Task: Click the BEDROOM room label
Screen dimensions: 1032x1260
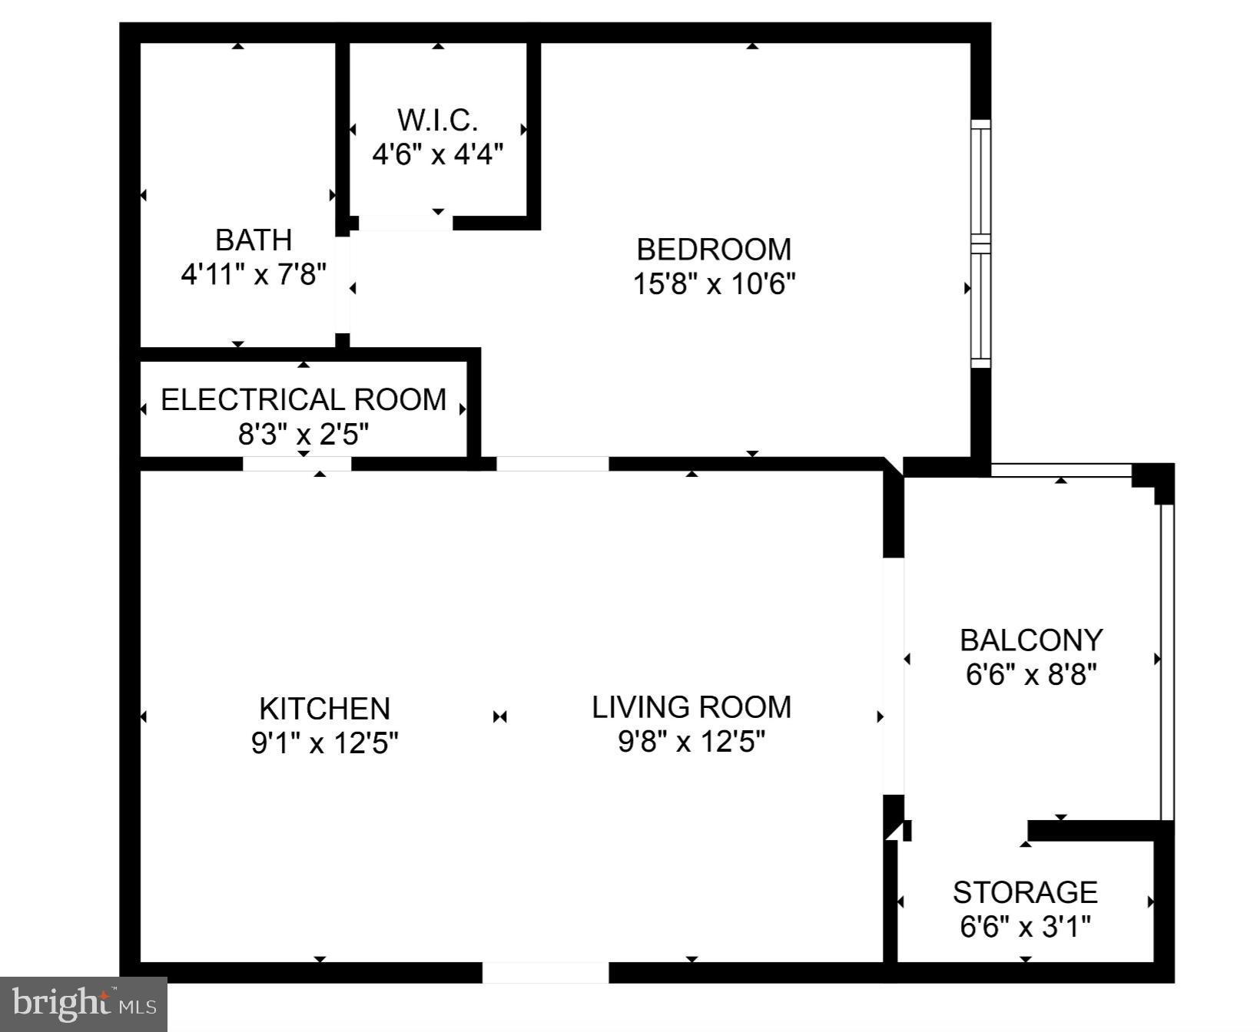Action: point(714,250)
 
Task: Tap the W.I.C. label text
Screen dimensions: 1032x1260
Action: point(437,121)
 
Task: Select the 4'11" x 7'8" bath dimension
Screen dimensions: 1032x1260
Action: point(254,274)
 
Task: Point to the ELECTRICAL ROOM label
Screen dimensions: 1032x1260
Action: point(303,400)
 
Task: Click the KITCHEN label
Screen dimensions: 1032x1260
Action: point(324,708)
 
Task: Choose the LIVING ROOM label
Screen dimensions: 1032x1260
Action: point(691,707)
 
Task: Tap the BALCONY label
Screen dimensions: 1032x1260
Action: point(1031,640)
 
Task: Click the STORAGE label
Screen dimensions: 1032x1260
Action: point(1025,892)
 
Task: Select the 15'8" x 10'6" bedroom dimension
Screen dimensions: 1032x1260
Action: point(714,284)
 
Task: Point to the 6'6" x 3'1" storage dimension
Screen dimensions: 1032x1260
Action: point(1025,927)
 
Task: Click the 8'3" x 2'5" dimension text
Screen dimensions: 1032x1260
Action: point(303,435)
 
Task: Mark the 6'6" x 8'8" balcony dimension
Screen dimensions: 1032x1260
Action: point(1031,674)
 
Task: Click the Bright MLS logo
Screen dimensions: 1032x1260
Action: point(84,1004)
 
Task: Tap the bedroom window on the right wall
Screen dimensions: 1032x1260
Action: point(980,243)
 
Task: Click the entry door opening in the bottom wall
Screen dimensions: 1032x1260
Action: point(545,972)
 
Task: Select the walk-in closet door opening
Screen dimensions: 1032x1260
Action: point(405,223)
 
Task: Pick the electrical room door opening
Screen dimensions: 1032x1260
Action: point(297,464)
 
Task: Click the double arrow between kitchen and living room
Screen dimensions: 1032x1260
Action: point(500,716)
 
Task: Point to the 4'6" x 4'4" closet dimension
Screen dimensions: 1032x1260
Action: point(437,155)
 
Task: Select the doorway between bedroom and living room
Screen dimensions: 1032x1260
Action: point(552,464)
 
